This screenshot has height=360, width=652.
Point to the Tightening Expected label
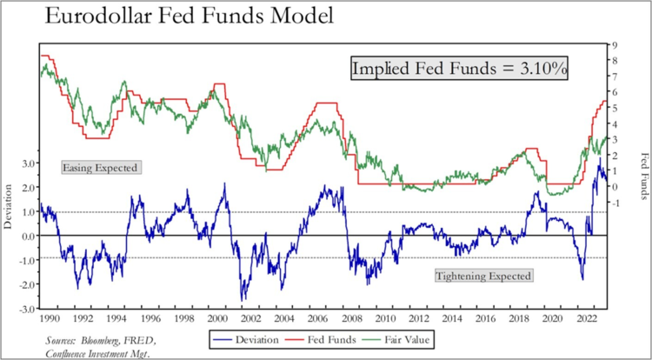(482, 275)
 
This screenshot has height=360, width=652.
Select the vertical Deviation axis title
(9, 236)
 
